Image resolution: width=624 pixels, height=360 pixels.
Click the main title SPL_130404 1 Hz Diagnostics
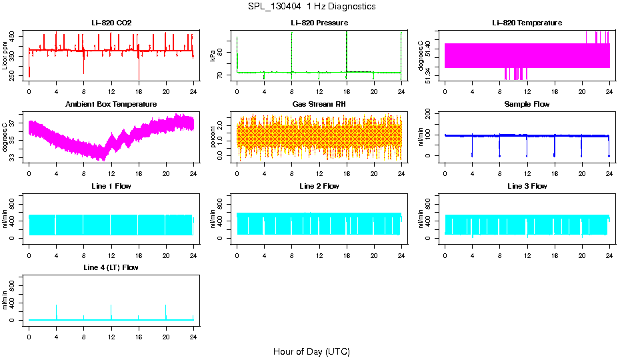coord(311,7)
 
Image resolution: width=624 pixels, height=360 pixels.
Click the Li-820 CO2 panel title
coord(111,23)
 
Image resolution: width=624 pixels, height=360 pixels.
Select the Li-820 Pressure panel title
coord(319,23)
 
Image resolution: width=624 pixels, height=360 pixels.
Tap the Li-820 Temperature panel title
coord(527,23)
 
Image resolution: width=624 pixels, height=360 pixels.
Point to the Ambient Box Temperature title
coord(111,105)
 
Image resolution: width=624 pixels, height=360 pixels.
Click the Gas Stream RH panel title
coord(319,105)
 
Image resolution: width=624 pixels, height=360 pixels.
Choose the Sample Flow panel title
coord(527,105)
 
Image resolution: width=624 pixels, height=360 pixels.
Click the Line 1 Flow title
coord(111,186)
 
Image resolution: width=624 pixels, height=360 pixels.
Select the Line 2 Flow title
coord(319,186)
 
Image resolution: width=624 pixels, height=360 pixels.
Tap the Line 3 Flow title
coord(527,186)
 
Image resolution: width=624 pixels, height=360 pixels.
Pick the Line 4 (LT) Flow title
coord(111,267)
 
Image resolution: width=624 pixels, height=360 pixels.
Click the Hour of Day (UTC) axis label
coord(311,351)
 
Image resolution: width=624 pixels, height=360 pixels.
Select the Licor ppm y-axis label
coord(5,56)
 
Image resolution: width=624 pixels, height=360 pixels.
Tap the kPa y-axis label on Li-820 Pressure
coord(213,56)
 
